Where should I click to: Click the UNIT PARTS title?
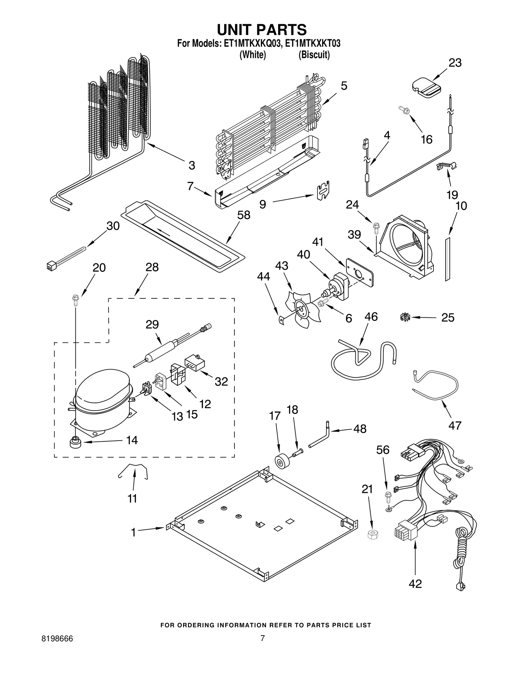pyautogui.click(x=262, y=30)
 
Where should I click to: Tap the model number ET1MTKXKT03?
pyautogui.click(x=313, y=44)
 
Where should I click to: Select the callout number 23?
pyautogui.click(x=455, y=63)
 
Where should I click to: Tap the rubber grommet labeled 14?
pyautogui.click(x=76, y=443)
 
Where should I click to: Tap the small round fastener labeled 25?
pyautogui.click(x=405, y=317)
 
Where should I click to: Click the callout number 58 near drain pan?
pyautogui.click(x=244, y=215)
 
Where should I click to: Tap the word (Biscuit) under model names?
pyautogui.click(x=314, y=55)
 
